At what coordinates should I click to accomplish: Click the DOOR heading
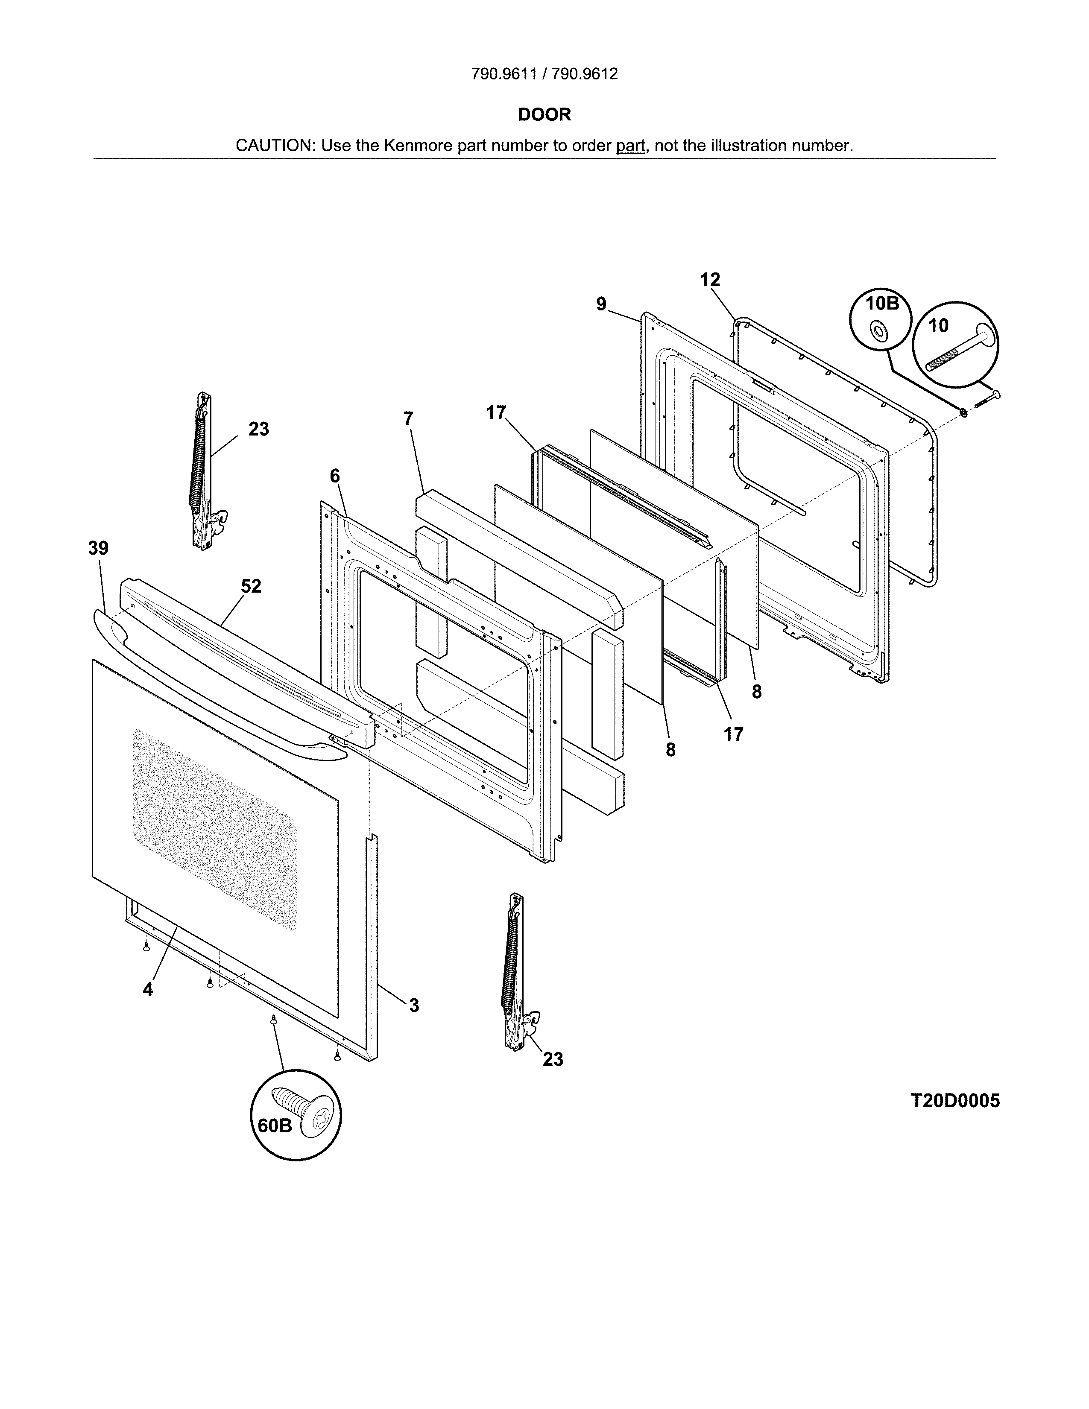tap(544, 115)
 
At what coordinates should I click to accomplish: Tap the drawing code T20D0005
tap(955, 1101)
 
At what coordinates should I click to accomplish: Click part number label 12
tap(710, 280)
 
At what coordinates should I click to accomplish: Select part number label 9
tap(601, 304)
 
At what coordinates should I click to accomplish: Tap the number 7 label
tap(408, 419)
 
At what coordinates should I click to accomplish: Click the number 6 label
tap(335, 476)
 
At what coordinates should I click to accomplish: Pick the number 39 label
tap(98, 548)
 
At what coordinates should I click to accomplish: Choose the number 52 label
tap(251, 586)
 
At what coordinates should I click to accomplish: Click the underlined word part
tap(630, 146)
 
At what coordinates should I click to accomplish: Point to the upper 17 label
tap(496, 413)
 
